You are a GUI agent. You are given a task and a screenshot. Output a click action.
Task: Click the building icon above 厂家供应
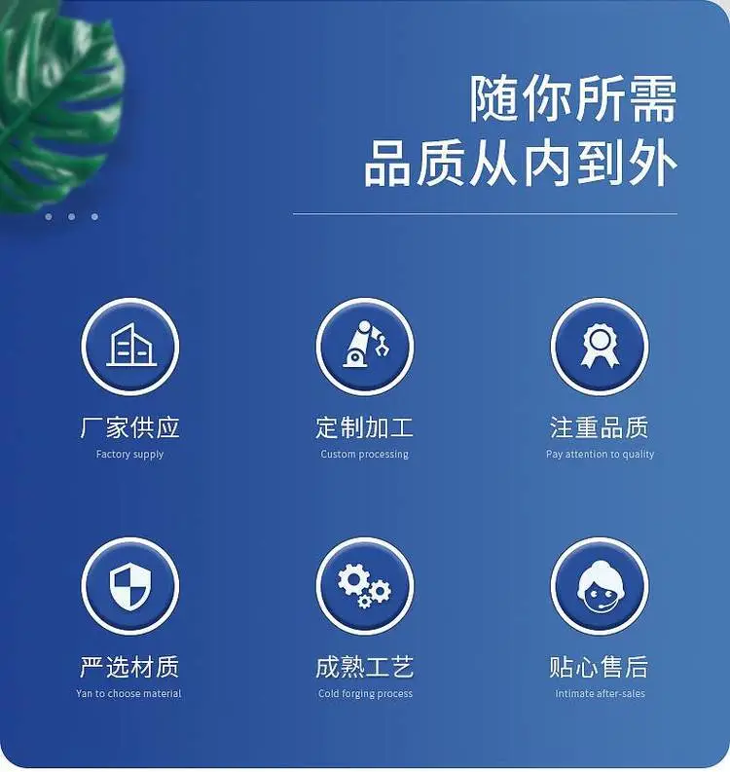[130, 345]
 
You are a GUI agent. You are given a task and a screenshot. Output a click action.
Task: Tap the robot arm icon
[365, 345]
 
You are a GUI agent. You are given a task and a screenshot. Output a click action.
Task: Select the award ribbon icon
[600, 346]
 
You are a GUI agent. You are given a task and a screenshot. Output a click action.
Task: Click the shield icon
[130, 587]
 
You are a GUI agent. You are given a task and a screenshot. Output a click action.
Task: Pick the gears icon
[364, 586]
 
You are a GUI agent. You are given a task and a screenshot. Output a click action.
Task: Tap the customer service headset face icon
[599, 586]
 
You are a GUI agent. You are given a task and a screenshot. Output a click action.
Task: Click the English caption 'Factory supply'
[130, 454]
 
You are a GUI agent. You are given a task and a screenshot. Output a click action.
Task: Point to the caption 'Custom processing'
[365, 454]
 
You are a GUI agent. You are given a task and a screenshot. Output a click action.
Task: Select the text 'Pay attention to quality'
[600, 454]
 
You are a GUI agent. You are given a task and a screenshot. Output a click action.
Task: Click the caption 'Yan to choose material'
[129, 693]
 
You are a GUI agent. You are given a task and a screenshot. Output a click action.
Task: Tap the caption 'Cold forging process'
[365, 693]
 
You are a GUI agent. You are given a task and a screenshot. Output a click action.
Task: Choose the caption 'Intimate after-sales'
[600, 693]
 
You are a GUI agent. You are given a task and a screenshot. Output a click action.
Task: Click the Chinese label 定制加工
[365, 427]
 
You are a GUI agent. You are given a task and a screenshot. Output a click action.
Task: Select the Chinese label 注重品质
[600, 427]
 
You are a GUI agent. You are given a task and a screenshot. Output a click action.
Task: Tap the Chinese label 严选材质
[129, 667]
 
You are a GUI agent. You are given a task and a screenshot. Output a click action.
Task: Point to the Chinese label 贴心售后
[599, 667]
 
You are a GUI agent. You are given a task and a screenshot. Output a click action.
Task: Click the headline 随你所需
[573, 99]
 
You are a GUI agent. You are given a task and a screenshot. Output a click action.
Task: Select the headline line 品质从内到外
[521, 163]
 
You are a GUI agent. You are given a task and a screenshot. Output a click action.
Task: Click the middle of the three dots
[72, 217]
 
